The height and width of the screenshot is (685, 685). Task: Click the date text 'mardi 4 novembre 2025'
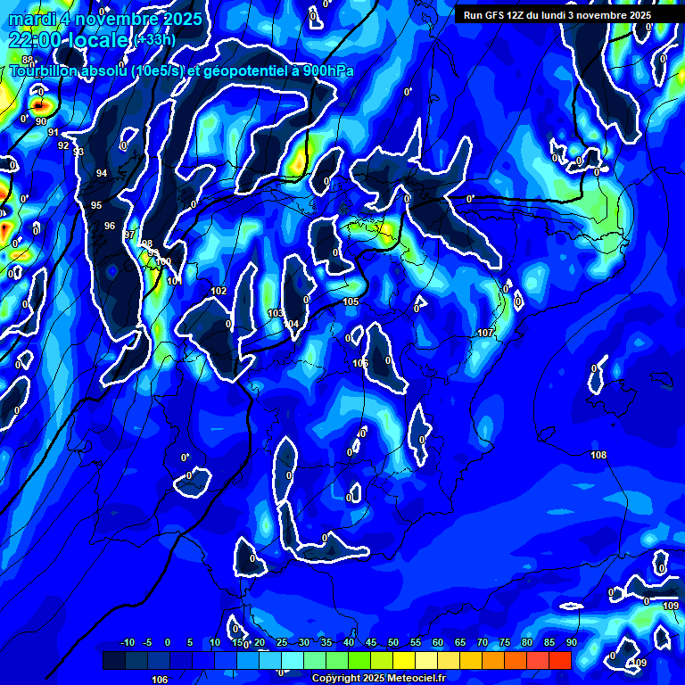tap(105, 19)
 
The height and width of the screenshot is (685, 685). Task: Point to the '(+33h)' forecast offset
tap(154, 40)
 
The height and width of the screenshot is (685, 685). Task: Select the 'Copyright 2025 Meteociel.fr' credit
tap(378, 678)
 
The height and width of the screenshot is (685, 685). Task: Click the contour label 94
tap(102, 173)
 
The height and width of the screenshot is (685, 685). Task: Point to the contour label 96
tap(110, 226)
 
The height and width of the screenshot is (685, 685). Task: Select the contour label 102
tap(219, 292)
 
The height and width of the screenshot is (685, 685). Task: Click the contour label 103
tap(276, 313)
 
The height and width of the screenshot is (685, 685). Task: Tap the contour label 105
tap(351, 302)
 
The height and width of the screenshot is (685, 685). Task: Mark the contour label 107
tap(484, 333)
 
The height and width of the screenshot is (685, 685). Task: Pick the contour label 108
tap(598, 455)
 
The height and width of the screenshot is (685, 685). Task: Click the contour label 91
tap(54, 132)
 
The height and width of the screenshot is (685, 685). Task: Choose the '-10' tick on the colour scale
tap(127, 643)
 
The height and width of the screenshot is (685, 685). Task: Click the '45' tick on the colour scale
tap(371, 643)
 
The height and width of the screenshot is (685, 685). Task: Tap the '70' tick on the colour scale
tap(483, 643)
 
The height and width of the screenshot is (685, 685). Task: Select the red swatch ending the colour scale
tap(560, 660)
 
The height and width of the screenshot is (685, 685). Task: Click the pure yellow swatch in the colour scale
tap(404, 660)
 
